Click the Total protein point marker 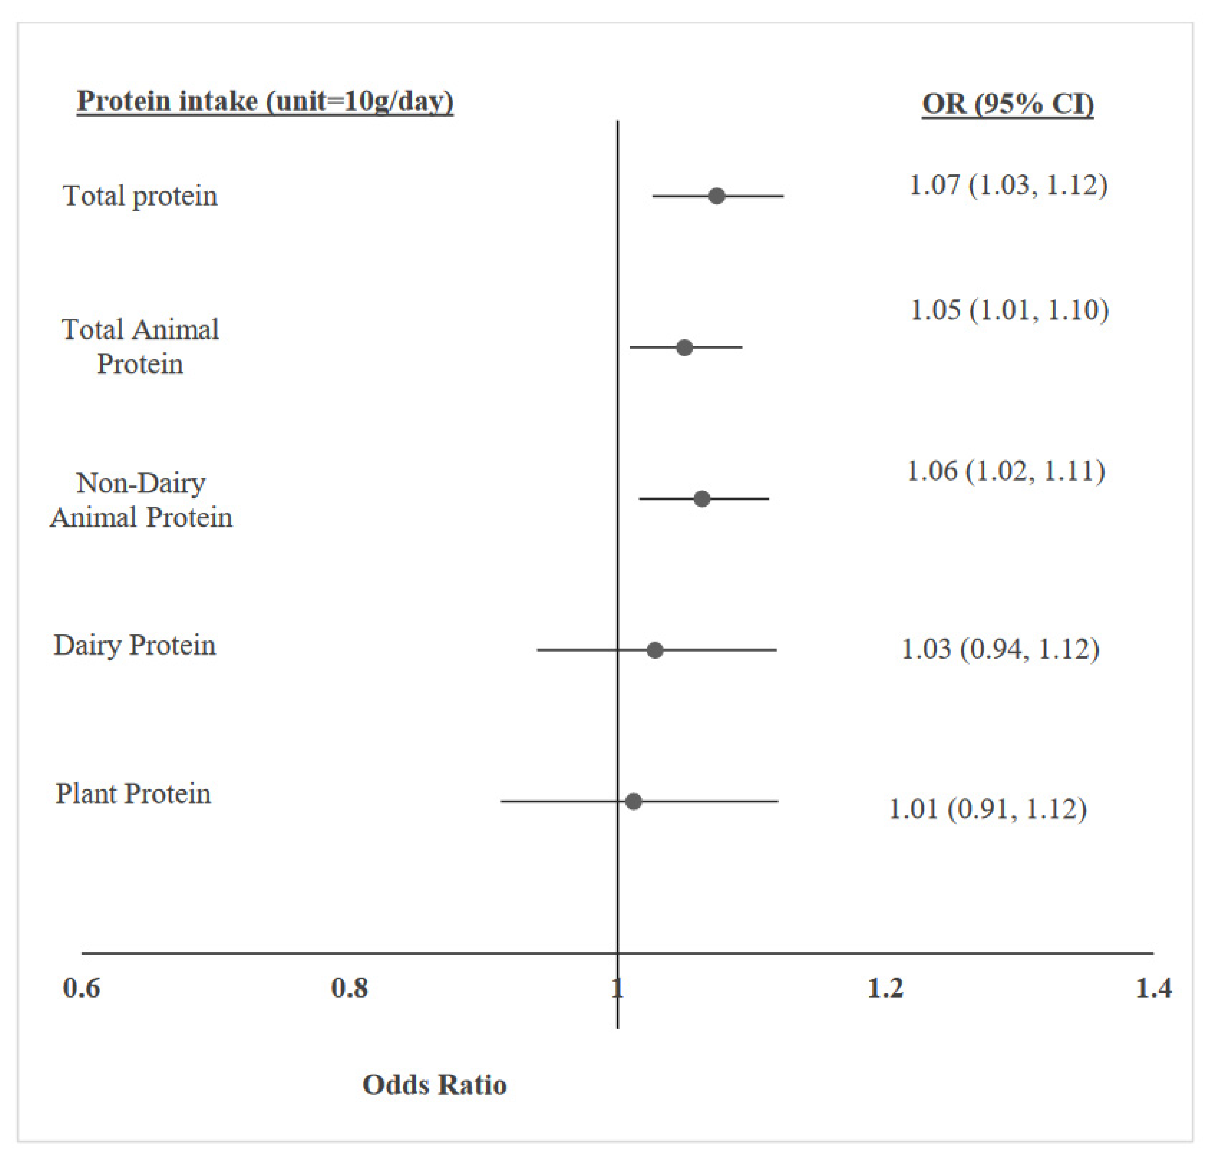pyautogui.click(x=716, y=196)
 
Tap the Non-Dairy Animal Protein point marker pyautogui.click(x=701, y=499)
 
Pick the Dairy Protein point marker pyautogui.click(x=655, y=650)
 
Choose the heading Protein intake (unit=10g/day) pyautogui.click(x=265, y=101)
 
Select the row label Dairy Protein pyautogui.click(x=134, y=645)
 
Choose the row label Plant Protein pyautogui.click(x=133, y=793)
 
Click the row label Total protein pyautogui.click(x=140, y=196)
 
